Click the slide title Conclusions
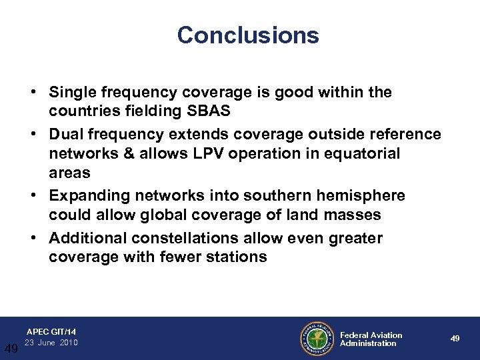tap(248, 35)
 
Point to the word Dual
tap(67, 135)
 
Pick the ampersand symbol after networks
tap(123, 153)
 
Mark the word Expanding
tap(92, 196)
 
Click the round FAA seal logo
tap(317, 339)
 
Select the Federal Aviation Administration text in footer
tap(371, 339)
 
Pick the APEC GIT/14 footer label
tap(51, 331)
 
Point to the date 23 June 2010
tap(51, 343)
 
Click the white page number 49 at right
tap(455, 339)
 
